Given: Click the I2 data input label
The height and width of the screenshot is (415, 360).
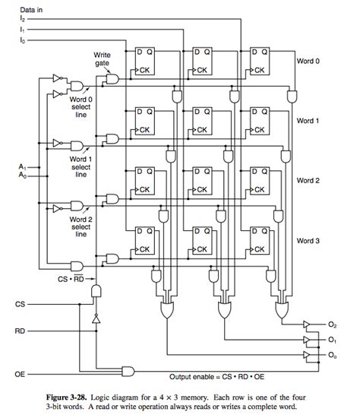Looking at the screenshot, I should click(x=23, y=17).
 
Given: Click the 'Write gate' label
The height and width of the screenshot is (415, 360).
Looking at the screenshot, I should click(x=103, y=59).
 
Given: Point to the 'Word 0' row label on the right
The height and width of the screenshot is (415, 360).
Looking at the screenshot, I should click(x=308, y=61).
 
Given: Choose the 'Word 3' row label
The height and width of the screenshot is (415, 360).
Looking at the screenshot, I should click(x=308, y=239).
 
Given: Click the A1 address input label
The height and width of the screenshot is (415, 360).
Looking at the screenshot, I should click(x=22, y=166).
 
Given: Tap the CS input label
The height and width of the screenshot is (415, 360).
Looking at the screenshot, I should click(x=20, y=304).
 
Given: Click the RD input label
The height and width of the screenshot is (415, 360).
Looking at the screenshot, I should click(x=20, y=331).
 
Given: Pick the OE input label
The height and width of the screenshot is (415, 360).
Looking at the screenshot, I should click(x=20, y=374).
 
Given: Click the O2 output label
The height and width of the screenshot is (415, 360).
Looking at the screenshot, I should click(x=333, y=325).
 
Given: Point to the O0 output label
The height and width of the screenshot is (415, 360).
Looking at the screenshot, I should click(x=333, y=355).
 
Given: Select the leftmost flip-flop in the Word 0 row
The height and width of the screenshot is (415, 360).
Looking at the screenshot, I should click(x=147, y=59).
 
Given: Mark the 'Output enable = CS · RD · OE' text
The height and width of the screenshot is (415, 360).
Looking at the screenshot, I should click(x=228, y=376).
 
